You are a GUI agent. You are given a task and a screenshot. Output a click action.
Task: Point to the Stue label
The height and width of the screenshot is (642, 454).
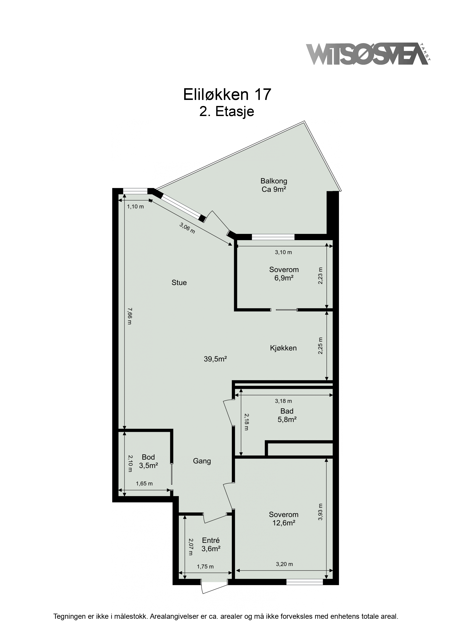[179, 283]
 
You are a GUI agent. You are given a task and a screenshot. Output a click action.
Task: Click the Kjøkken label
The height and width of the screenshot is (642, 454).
[283, 348]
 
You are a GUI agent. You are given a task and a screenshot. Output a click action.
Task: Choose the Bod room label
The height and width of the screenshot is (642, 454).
[148, 457]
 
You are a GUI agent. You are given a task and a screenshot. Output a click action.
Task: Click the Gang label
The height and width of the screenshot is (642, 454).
[202, 461]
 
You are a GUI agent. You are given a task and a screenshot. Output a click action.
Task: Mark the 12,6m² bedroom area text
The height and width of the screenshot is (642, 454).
[284, 523]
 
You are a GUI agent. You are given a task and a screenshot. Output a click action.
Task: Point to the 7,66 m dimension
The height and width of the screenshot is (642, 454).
[129, 316]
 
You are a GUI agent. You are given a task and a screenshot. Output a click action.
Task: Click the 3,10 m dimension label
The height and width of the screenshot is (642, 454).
[283, 252]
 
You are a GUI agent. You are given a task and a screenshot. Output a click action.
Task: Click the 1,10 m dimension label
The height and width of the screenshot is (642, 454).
[135, 207]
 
